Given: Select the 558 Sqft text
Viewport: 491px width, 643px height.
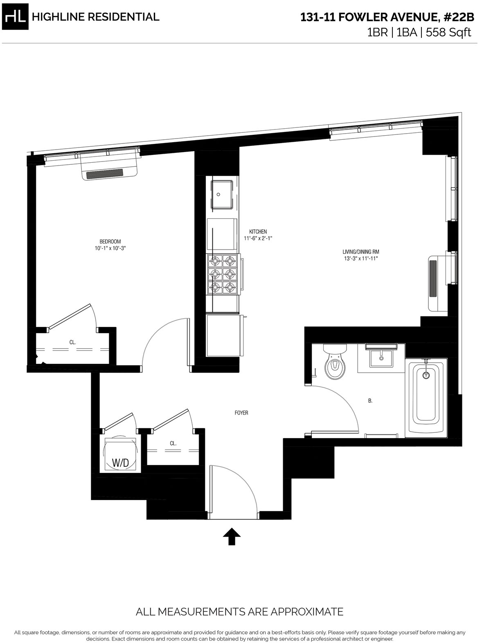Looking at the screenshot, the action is [448, 32].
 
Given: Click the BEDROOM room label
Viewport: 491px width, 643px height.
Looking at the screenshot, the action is [110, 241].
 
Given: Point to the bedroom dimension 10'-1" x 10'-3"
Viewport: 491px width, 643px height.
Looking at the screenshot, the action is [110, 248].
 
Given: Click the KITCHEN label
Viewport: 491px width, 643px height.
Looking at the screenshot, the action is [258, 232].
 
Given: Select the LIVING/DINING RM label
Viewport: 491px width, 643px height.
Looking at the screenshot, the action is [361, 252].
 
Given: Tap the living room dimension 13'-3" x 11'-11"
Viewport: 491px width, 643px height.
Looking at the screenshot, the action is [361, 258].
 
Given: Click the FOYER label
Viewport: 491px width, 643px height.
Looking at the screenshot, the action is [241, 413].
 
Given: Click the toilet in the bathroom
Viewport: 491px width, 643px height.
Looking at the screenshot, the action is [335, 361].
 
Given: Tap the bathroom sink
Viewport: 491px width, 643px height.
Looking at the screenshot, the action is [381, 356].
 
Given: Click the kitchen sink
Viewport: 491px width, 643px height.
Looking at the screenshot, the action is [222, 195].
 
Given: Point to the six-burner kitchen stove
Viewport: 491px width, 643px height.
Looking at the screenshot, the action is [223, 274].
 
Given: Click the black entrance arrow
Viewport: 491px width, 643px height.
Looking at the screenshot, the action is [232, 536].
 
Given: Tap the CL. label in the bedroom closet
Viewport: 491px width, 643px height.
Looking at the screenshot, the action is [72, 342].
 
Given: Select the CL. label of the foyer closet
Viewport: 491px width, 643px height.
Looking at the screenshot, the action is [173, 443].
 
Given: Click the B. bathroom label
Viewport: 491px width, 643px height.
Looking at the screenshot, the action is [370, 401].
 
